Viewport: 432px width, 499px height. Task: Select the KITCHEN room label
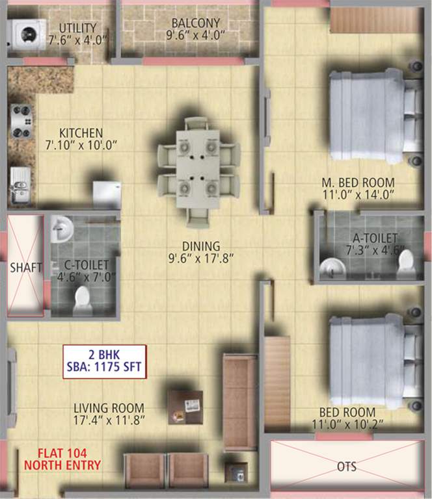[81, 133]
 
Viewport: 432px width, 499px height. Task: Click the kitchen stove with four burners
[21, 121]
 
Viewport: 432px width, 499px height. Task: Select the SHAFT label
[25, 267]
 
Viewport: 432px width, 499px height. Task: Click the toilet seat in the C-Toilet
[82, 300]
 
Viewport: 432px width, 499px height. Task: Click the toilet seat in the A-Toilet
[406, 261]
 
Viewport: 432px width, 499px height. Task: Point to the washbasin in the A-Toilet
[331, 266]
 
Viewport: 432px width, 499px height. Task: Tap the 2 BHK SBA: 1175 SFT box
[104, 361]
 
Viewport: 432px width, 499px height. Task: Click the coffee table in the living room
[185, 406]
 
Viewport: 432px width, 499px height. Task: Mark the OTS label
[347, 467]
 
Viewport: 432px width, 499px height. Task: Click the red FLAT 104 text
[62, 454]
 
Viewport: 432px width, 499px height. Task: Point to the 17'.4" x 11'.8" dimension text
[109, 420]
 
